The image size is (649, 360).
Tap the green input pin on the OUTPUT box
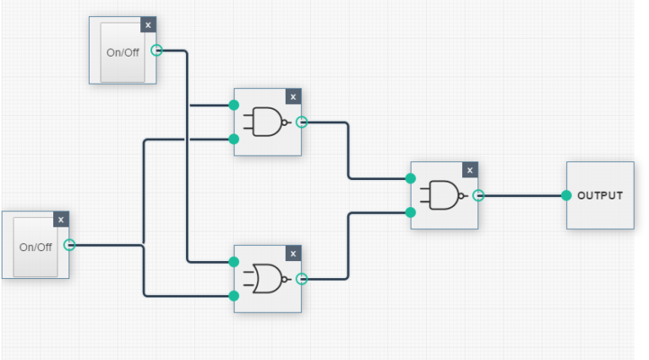click(x=566, y=195)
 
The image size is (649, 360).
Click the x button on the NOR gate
click(x=293, y=254)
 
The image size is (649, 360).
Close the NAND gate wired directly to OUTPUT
click(x=471, y=170)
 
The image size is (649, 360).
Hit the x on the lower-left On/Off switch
click(x=61, y=220)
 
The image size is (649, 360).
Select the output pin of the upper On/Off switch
click(x=156, y=51)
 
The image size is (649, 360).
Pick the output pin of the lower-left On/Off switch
click(x=69, y=245)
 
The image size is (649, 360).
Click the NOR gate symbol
click(x=266, y=279)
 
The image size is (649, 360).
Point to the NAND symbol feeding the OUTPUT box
click(x=444, y=195)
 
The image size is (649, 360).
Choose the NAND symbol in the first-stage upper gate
click(x=266, y=123)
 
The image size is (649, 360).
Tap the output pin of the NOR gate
click(x=302, y=279)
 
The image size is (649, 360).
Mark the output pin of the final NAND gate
click(x=478, y=195)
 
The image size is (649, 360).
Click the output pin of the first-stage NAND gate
click(x=302, y=123)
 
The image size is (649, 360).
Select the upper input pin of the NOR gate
click(x=234, y=262)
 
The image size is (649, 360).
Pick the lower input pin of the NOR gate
click(x=234, y=296)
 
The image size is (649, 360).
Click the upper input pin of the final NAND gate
click(x=411, y=178)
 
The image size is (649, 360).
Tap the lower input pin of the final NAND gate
click(x=411, y=212)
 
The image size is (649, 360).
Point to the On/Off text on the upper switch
click(x=123, y=52)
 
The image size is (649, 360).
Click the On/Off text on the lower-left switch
click(x=35, y=247)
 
